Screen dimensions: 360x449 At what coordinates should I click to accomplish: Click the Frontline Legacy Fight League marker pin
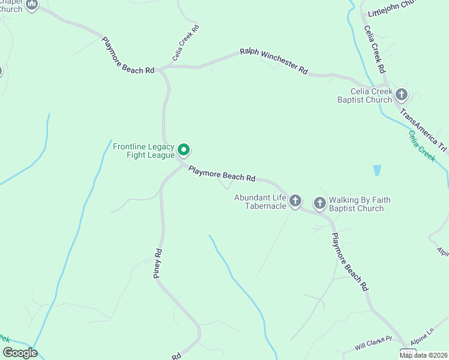pyautogui.click(x=185, y=150)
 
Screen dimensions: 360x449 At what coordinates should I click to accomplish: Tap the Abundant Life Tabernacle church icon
pyautogui.click(x=295, y=201)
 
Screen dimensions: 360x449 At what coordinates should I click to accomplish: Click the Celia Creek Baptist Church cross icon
pyautogui.click(x=402, y=94)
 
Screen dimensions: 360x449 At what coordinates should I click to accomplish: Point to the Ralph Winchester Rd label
pyautogui.click(x=274, y=61)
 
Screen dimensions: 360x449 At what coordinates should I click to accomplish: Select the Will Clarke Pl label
pyautogui.click(x=373, y=343)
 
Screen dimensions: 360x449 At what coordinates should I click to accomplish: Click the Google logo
pyautogui.click(x=20, y=353)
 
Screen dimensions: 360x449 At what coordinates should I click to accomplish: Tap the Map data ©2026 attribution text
pyautogui.click(x=423, y=355)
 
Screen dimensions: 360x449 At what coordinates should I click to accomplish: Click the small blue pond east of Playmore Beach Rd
pyautogui.click(x=376, y=170)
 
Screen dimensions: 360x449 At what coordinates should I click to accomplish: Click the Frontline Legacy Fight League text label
pyautogui.click(x=143, y=151)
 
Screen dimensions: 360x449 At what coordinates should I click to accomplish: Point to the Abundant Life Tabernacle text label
pyautogui.click(x=260, y=201)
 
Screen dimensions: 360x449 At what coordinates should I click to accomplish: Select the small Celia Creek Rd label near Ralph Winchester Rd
pyautogui.click(x=185, y=43)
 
